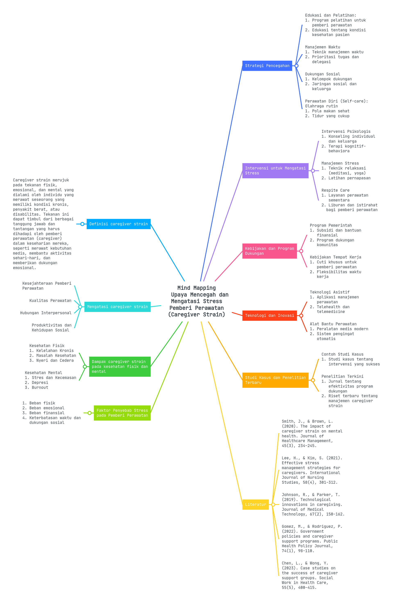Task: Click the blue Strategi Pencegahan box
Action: [267, 66]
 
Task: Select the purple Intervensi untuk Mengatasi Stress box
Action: [275, 171]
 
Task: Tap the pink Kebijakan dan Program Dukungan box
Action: [269, 251]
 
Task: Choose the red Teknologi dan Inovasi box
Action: [269, 316]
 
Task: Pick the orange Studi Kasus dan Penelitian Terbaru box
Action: [275, 380]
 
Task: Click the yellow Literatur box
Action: [255, 504]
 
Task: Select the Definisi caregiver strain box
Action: [118, 224]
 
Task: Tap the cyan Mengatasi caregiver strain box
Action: [117, 307]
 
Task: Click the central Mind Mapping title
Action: [196, 301]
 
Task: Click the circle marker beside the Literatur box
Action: [273, 504]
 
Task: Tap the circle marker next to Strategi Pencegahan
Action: [296, 66]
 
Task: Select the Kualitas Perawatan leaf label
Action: [50, 301]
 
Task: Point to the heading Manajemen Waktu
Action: [322, 47]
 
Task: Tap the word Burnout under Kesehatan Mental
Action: [40, 387]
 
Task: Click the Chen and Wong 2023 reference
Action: [309, 575]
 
